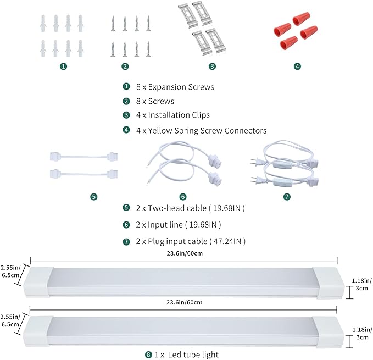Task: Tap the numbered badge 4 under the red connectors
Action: [x=297, y=67]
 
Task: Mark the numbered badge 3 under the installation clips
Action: [x=212, y=67]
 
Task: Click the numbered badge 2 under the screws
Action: [x=125, y=67]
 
